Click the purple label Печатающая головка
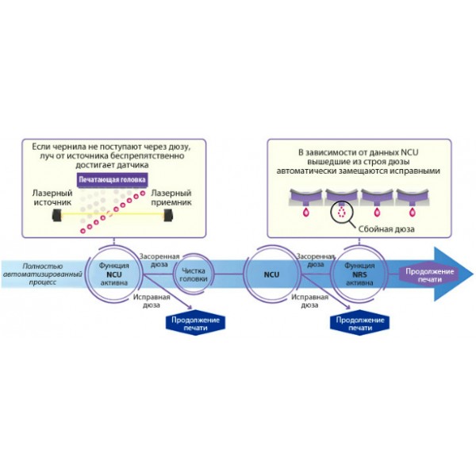click(111, 180)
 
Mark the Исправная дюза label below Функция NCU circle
click(150, 301)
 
